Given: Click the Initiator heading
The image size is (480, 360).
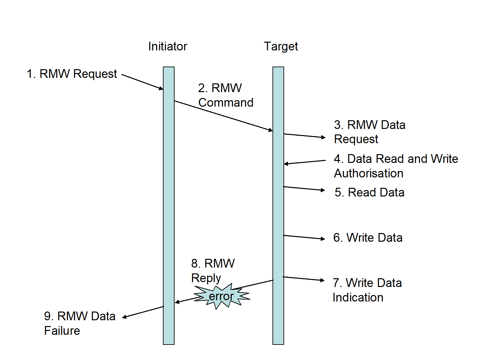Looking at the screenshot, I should click(167, 47).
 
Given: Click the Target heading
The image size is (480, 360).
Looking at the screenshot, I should click(281, 47).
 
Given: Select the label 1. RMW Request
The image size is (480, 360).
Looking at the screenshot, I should click(71, 74).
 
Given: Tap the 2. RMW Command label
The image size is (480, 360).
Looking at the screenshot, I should click(225, 95).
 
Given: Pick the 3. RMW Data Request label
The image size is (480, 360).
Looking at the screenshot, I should click(369, 132).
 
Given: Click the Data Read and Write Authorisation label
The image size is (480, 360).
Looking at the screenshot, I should click(396, 166).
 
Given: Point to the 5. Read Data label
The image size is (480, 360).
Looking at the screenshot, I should click(369, 193).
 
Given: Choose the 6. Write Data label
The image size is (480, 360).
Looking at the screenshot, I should click(368, 238).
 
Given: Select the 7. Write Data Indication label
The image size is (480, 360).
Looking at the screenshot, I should click(367, 290).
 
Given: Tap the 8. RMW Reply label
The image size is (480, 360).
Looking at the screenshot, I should click(212, 271).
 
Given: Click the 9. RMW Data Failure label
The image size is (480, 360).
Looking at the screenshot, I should click(80, 323).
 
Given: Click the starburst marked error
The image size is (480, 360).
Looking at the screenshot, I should click(221, 296).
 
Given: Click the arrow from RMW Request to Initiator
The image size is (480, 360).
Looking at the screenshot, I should click(142, 82).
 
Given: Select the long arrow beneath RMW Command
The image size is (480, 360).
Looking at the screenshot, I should click(223, 116).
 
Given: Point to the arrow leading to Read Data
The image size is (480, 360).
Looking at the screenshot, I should click(304, 188).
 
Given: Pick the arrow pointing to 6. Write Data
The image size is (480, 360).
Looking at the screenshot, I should click(304, 237).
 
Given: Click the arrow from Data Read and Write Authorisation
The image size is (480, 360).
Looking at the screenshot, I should click(305, 162).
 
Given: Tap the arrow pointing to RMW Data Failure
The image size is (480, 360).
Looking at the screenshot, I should click(143, 312).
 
